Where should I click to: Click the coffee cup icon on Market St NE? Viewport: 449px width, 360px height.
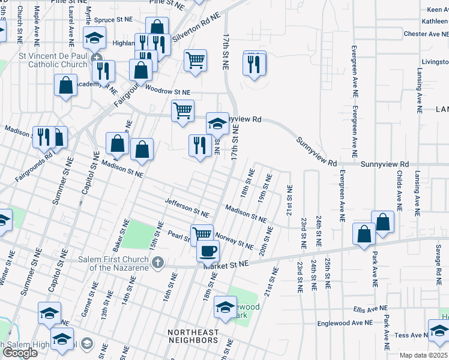point(208,250)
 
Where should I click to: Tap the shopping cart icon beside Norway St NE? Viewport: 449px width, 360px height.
point(202,234)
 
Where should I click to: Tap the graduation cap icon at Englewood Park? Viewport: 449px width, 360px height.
point(225,308)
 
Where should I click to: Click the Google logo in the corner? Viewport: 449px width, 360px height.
point(19,352)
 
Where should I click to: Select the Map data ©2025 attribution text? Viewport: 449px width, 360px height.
point(423,355)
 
